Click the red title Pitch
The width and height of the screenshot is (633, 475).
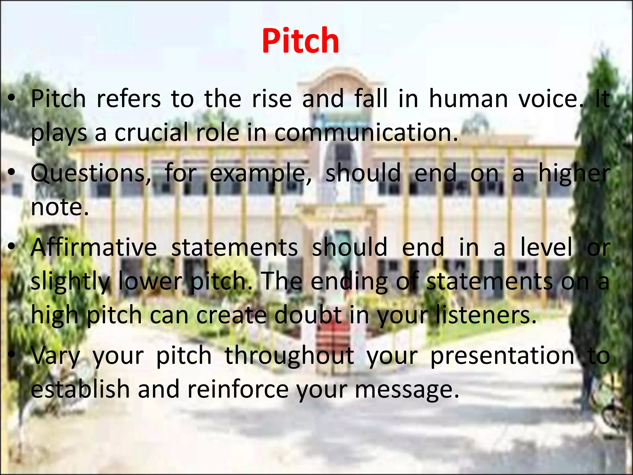click(300, 41)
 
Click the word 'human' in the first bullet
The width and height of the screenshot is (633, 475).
click(468, 99)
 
